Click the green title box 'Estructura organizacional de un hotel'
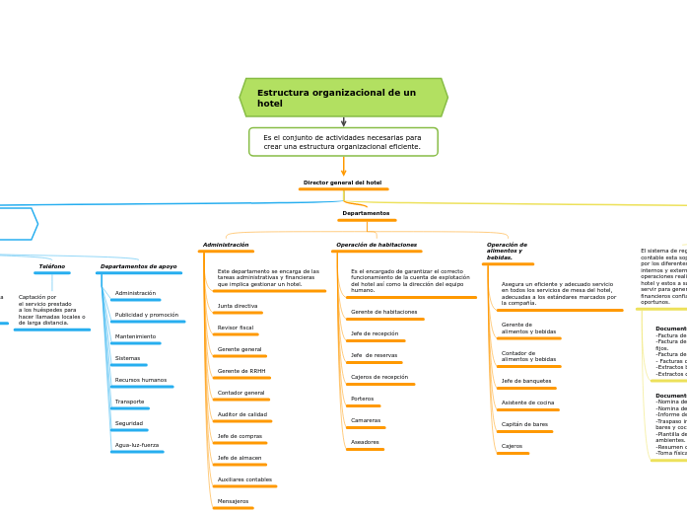point(343,98)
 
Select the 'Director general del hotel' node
point(342,183)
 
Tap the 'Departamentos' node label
point(366,213)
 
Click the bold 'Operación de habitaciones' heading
point(376,245)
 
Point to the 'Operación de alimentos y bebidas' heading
point(507,251)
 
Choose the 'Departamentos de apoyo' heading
point(138,266)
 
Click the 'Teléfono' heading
point(52,266)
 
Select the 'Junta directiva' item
point(238,306)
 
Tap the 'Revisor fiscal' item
point(236,328)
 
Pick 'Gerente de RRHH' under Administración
point(241,371)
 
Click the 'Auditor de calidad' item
point(242,414)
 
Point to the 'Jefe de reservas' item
point(374,355)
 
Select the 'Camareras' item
point(366,420)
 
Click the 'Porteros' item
point(362,399)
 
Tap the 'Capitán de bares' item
point(524,424)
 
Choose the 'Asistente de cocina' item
point(527,403)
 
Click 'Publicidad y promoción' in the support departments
point(147,315)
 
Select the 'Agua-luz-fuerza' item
point(136,445)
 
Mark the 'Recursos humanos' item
point(141,380)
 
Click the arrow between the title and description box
point(343,122)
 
